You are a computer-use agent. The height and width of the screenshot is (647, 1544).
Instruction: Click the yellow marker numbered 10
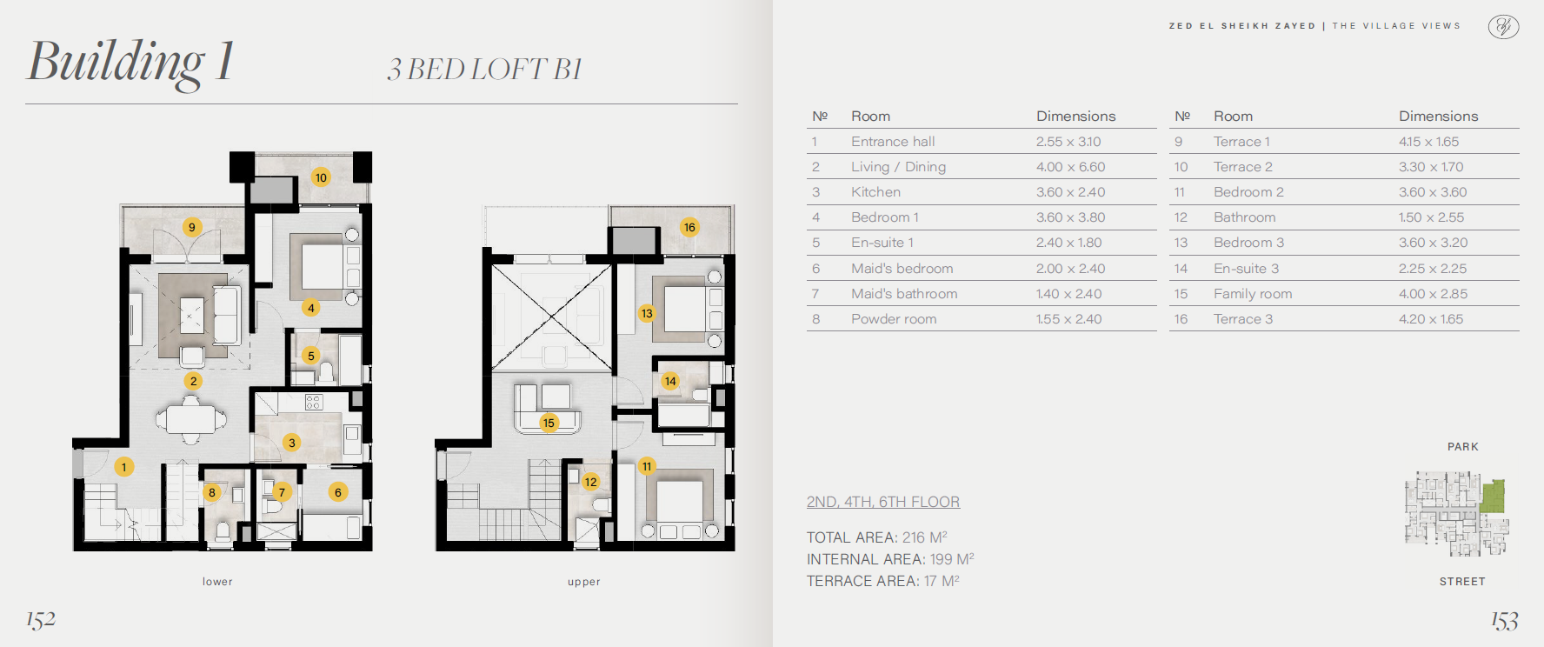(x=321, y=177)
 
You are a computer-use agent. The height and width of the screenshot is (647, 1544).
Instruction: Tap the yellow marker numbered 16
(x=689, y=227)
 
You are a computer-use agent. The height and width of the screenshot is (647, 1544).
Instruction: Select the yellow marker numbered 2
(x=194, y=381)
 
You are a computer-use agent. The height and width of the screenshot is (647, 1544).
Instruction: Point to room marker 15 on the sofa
(x=549, y=423)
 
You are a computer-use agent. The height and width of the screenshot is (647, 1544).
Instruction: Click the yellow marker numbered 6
(x=338, y=492)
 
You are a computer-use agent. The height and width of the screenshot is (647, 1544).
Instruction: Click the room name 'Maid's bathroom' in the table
(x=904, y=294)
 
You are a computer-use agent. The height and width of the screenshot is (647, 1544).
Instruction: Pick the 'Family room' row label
(x=1253, y=294)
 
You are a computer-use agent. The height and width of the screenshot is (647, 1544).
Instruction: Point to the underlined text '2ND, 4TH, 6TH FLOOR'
(x=883, y=502)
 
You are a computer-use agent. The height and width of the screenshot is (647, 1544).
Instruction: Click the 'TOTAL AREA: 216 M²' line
(x=877, y=537)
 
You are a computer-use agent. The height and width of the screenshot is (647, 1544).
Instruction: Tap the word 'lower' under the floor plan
(x=217, y=582)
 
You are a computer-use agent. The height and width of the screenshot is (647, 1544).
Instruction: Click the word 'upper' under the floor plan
(x=584, y=582)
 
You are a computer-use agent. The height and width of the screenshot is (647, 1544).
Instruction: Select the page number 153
(x=1505, y=620)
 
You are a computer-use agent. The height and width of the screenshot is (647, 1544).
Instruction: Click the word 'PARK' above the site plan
(x=1463, y=447)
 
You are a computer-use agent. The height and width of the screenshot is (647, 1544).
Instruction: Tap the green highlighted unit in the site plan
(x=1493, y=496)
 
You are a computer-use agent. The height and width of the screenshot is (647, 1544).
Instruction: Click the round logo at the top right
(x=1503, y=27)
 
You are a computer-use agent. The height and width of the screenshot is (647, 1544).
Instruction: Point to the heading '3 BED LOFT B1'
(x=484, y=70)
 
